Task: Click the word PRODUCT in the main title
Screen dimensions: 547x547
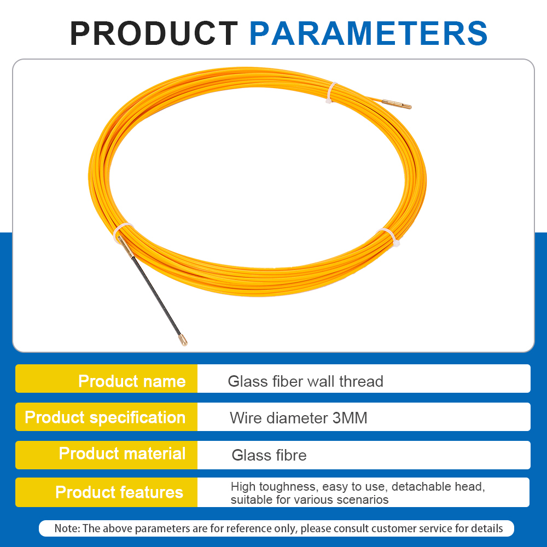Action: [x=154, y=33]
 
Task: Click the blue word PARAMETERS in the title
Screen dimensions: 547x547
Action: [x=368, y=33]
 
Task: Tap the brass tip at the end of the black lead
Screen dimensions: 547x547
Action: [x=184, y=341]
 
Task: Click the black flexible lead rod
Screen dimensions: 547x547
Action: [x=153, y=293]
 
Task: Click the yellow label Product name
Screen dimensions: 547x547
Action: [x=132, y=381]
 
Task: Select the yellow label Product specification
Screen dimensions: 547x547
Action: [x=105, y=417]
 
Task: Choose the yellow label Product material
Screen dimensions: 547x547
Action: [x=122, y=453]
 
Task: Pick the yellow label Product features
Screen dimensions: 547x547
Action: [x=119, y=492]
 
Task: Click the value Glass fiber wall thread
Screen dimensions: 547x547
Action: [x=305, y=381]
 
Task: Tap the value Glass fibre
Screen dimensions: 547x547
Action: [x=269, y=455]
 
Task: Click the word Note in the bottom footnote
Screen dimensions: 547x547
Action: [x=67, y=528]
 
